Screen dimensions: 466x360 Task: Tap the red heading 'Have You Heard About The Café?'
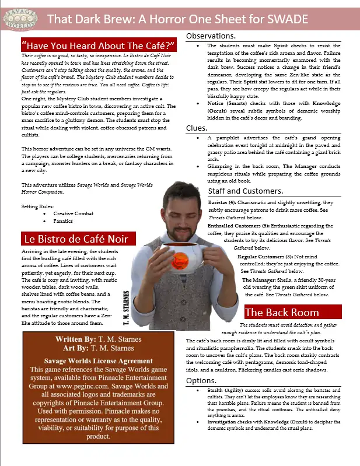click(98, 45)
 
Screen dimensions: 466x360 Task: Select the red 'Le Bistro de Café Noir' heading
click(79, 239)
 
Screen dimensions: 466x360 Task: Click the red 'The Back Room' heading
click(282, 312)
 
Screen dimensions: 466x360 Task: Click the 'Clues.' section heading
click(196, 128)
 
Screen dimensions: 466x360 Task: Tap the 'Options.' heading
click(201, 380)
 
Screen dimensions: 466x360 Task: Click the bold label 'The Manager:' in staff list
click(261, 280)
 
